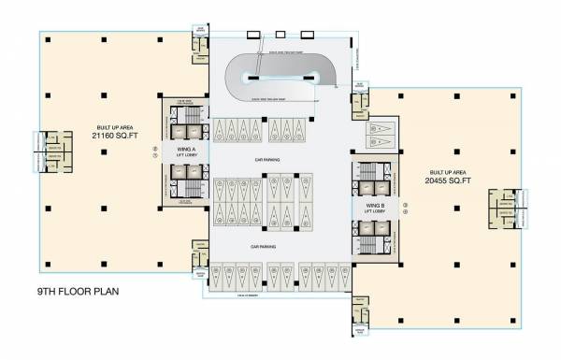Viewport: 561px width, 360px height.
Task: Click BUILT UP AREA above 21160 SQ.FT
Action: point(110,128)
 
